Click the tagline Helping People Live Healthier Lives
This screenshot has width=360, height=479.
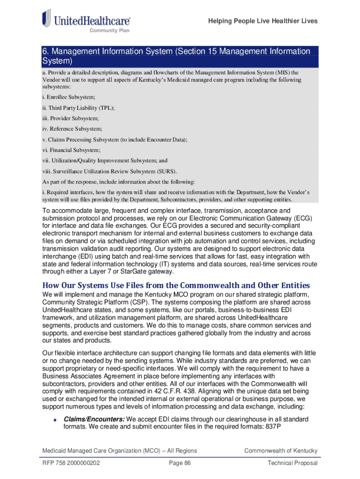point(263,21)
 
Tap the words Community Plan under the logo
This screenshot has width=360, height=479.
point(109,31)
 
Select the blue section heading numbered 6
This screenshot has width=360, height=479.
point(176,56)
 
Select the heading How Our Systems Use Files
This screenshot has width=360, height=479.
point(176,285)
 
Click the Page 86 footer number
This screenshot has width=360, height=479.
point(180,463)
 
